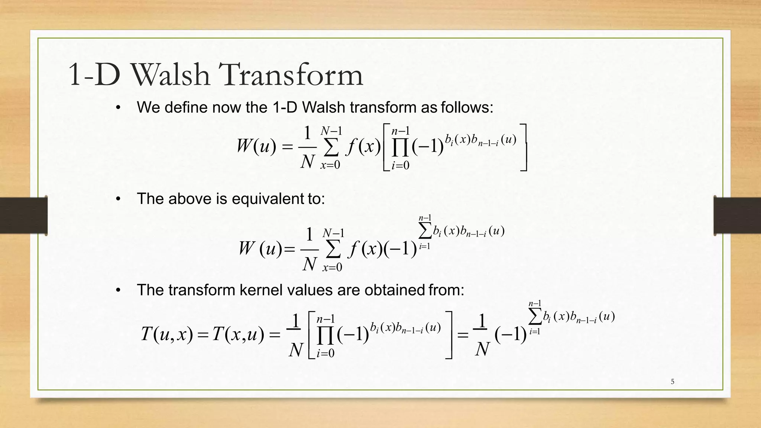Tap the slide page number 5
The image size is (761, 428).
pyautogui.click(x=672, y=382)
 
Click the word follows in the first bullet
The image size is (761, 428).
pyautogui.click(x=467, y=107)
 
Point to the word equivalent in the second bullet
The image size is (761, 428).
pyautogui.click(x=268, y=199)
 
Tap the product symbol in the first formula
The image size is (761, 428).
pyautogui.click(x=401, y=147)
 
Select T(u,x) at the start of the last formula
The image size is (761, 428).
pyautogui.click(x=167, y=334)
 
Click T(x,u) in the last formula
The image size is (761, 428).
pyautogui.click(x=238, y=334)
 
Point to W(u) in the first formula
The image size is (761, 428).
pyautogui.click(x=256, y=146)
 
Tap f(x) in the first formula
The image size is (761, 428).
pyautogui.click(x=363, y=147)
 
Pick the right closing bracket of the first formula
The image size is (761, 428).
pyautogui.click(x=524, y=147)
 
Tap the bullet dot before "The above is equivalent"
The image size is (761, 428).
pyautogui.click(x=118, y=199)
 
